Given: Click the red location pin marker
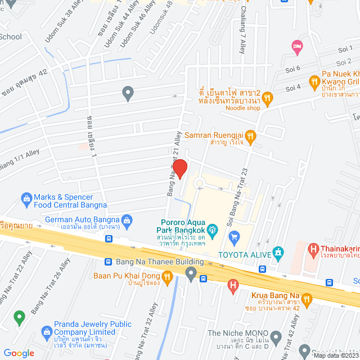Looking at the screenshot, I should pyautogui.click(x=179, y=169).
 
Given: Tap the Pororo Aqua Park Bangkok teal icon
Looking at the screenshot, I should pyautogui.click(x=212, y=229).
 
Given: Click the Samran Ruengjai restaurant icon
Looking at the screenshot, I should pyautogui.click(x=251, y=135).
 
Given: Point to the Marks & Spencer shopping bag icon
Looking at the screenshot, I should pyautogui.click(x=26, y=198).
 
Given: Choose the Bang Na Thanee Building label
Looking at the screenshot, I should pyautogui.click(x=160, y=262).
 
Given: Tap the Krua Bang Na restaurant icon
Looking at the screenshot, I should pyautogui.click(x=307, y=298).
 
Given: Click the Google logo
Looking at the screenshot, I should pyautogui.click(x=18, y=353).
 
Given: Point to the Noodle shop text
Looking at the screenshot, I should pyautogui.click(x=243, y=107).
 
